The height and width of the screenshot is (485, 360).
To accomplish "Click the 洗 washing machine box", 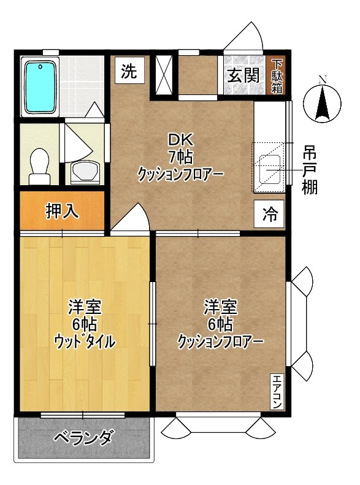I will point(128,71).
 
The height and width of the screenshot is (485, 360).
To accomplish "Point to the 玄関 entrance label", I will point(243,75).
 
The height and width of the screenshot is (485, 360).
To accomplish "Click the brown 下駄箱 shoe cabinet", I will point(277,75).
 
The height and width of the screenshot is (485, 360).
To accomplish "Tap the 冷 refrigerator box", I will point(269,215).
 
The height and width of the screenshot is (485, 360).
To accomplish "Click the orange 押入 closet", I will point(62,212).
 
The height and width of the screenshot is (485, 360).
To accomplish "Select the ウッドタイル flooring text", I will point(85,341).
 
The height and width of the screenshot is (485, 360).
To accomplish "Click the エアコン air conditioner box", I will point(277,391).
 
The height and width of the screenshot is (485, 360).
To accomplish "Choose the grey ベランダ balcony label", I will point(83,438).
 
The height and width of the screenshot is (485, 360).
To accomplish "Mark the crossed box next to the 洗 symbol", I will point(163,76).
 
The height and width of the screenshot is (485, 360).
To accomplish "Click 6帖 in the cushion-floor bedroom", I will point(221,323).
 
